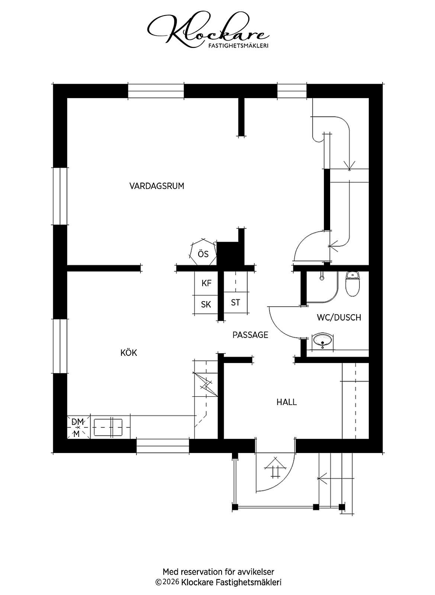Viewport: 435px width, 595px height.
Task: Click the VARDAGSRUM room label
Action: click(x=157, y=186)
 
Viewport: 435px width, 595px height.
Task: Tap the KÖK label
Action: click(x=129, y=353)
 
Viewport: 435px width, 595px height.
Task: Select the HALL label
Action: click(x=287, y=402)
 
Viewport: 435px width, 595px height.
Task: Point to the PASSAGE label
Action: click(x=250, y=335)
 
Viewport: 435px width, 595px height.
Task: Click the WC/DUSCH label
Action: click(x=339, y=318)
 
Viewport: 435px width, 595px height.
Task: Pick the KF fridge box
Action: click(x=206, y=283)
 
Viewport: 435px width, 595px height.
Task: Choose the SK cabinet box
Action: click(x=206, y=305)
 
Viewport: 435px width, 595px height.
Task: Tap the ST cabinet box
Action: click(x=236, y=302)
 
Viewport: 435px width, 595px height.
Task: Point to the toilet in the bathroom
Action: click(x=352, y=283)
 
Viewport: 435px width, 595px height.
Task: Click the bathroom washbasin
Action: click(x=323, y=340)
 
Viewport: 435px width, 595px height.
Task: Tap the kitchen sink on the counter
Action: click(x=108, y=427)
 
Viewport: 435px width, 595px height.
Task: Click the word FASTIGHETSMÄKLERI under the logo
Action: click(x=238, y=46)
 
